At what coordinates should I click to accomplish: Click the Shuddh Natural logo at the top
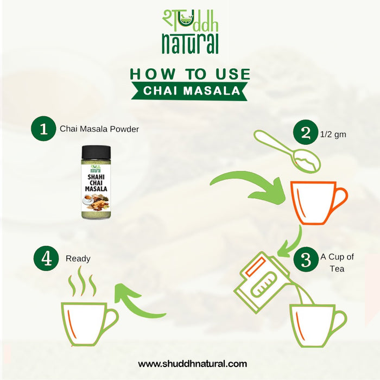[x=190, y=31]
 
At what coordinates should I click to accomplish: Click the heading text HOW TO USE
[x=190, y=74]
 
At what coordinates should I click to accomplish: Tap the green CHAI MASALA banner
[x=189, y=91]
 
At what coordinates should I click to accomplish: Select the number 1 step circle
[x=43, y=129]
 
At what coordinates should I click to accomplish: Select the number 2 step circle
[x=306, y=132]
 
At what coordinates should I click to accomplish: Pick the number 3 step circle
[x=306, y=259]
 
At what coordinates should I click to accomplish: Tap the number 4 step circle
[x=46, y=258]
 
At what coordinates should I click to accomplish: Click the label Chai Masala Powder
[x=99, y=129]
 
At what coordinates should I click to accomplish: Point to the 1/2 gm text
[x=333, y=135]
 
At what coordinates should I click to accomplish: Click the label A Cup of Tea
[x=337, y=263]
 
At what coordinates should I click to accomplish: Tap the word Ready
[x=78, y=259]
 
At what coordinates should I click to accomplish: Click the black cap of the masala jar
[x=96, y=152]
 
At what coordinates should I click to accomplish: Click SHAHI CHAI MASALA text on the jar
[x=96, y=183]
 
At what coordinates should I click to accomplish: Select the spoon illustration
[x=286, y=151]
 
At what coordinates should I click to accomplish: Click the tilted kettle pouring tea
[x=263, y=282]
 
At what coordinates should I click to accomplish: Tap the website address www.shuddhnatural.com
[x=192, y=364]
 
